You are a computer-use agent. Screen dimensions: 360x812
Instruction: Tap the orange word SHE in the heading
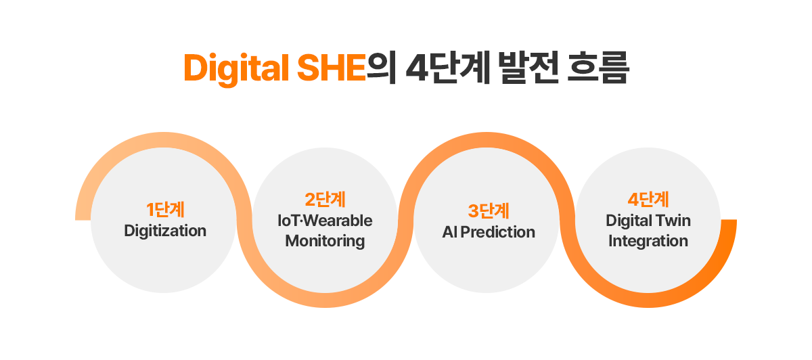point(331,69)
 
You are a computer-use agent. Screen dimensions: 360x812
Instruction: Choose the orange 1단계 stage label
point(165,210)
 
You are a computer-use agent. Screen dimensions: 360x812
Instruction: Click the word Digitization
point(165,231)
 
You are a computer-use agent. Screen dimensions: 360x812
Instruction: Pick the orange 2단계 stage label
point(325,200)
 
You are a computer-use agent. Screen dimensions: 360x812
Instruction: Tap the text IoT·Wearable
point(325,221)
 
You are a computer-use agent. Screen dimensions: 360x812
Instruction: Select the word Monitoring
point(325,241)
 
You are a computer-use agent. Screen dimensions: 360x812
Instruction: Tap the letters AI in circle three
point(450,232)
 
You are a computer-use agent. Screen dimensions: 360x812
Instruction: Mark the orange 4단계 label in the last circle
point(648,200)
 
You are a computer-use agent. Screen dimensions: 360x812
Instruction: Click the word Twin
point(673,221)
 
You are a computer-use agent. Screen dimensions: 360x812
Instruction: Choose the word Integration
point(648,241)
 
